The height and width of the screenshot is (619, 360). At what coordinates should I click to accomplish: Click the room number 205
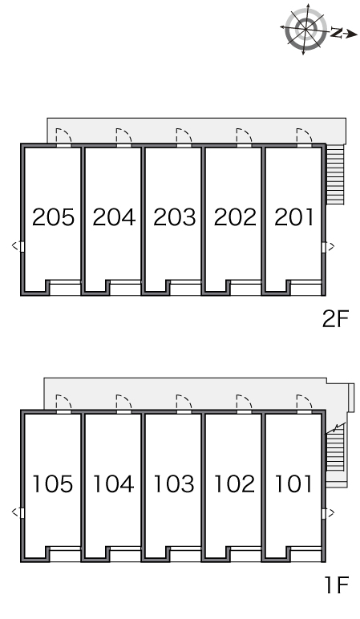pos(53,217)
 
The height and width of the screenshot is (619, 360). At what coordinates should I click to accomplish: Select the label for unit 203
pos(175,217)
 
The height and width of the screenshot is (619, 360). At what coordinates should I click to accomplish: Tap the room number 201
pos(294,217)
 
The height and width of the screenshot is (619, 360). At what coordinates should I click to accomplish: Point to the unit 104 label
pos(114,484)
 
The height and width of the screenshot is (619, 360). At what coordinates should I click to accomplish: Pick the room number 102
pos(234,484)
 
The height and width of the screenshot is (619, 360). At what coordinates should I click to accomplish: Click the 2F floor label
pos(335,319)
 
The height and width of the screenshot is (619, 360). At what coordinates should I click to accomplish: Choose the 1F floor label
pos(337,585)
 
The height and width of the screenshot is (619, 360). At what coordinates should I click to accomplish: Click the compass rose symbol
pos(306,29)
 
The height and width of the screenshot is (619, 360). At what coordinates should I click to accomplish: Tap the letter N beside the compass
pos(336,33)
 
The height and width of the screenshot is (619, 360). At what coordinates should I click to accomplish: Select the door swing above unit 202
pos(244,136)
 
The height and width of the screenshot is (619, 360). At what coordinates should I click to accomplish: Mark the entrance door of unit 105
pos(63,403)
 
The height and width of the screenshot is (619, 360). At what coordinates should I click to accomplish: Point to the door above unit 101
pos(305,403)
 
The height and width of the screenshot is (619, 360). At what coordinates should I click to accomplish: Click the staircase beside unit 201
pos(335,174)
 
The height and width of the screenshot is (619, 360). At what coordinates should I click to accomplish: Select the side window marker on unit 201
pos(328,247)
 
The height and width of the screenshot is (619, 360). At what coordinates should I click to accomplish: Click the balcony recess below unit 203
pos(185,289)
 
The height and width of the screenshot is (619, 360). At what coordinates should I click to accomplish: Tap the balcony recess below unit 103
pos(185,555)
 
